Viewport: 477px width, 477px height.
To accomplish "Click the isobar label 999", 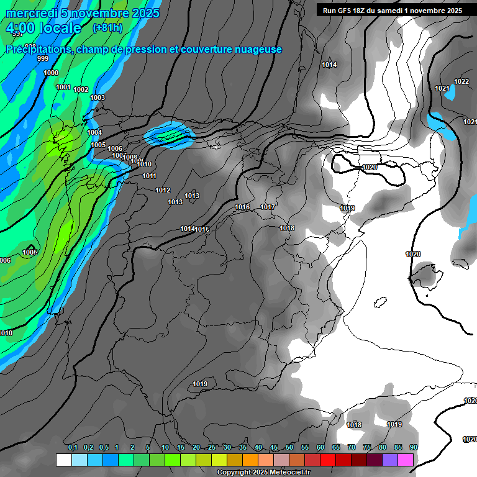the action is [x=43, y=58].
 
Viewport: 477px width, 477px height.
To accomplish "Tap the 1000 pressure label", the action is [x=52, y=73].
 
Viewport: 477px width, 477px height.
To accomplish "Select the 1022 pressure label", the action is [x=461, y=81].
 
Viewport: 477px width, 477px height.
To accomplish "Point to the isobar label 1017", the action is [x=268, y=207].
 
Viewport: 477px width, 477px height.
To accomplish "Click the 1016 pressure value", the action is [x=242, y=207].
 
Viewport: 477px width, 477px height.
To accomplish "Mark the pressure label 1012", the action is [x=163, y=190].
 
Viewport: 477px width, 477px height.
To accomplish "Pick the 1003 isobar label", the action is [x=98, y=98].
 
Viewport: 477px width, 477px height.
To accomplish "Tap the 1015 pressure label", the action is [x=202, y=229].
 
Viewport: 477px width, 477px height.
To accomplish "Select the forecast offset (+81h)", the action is [x=107, y=27].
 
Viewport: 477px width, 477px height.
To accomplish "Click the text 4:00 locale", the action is [x=43, y=28].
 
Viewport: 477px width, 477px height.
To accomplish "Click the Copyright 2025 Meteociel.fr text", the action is [x=263, y=473].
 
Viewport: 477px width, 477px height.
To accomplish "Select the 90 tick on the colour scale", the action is [x=413, y=448].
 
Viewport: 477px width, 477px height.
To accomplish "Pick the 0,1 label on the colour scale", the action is [x=72, y=448].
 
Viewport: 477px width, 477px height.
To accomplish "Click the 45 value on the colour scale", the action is [x=274, y=448].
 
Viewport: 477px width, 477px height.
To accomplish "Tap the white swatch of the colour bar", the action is [x=63, y=460].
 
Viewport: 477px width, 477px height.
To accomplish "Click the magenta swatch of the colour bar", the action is [x=406, y=460].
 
